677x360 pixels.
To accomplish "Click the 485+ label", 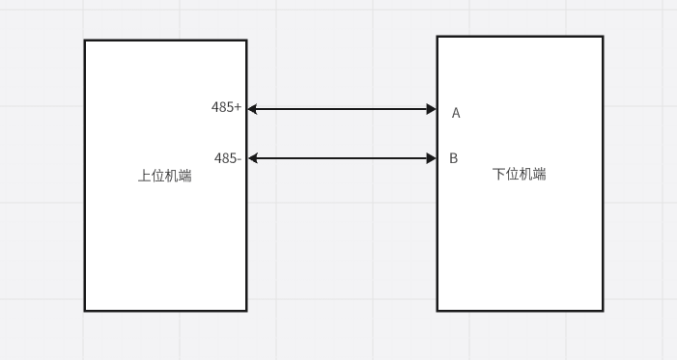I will [226, 107].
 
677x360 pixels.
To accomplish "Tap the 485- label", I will [227, 158].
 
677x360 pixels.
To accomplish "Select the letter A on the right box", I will [456, 113].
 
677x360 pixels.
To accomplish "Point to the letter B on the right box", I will [454, 158].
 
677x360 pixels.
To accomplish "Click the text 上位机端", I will [164, 176].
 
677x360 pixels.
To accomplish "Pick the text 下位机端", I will [520, 175].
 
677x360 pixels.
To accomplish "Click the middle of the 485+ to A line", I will [342, 109].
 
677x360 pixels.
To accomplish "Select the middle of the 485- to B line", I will [342, 158].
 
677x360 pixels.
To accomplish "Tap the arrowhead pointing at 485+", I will [253, 109].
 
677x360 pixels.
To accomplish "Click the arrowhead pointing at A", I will [431, 109].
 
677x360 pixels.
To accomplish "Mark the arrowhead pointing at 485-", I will [253, 158].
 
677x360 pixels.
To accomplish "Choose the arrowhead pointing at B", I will [431, 158].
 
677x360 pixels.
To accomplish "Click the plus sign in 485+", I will [238, 107].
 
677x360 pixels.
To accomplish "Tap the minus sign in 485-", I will [238, 158].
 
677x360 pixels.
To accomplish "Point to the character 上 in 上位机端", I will [144, 176].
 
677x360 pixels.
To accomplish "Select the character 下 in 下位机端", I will [499, 175].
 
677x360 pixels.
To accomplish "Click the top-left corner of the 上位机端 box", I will [85, 41].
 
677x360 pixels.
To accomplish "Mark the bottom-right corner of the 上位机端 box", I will [246, 310].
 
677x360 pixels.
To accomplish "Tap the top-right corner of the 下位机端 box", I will [603, 37].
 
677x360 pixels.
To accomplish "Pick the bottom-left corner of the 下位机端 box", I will [437, 310].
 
